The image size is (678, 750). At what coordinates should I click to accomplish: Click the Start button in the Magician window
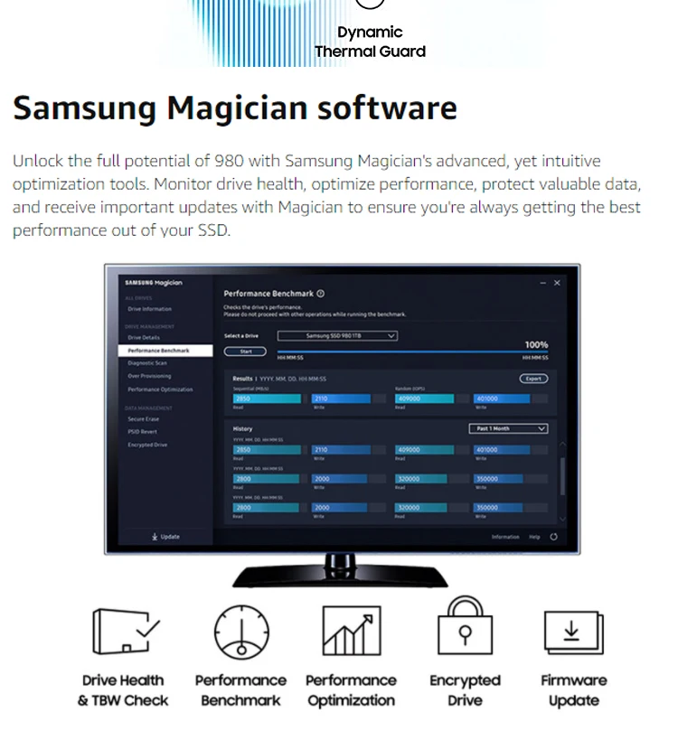tap(245, 352)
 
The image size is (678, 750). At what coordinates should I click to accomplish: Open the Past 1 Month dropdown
tap(508, 428)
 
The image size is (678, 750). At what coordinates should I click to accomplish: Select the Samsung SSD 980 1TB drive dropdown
tap(337, 335)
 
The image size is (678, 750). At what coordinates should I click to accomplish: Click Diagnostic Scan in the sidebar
tap(147, 363)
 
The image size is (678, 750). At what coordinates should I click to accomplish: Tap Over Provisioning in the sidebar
tap(149, 376)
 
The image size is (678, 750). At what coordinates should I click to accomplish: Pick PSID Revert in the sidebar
tap(142, 432)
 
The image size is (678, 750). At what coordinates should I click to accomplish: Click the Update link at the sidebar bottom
tap(166, 537)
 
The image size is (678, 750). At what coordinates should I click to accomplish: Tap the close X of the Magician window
tap(557, 283)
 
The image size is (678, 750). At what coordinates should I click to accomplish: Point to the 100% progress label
tap(536, 345)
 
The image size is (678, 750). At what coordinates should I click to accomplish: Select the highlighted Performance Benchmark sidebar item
tap(158, 350)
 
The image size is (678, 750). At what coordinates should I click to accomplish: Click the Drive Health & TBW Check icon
tap(126, 632)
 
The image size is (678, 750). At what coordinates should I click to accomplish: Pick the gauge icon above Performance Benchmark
tap(241, 632)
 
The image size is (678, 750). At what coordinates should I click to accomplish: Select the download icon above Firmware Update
tap(572, 632)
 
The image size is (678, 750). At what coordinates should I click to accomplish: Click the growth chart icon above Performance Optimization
tap(351, 632)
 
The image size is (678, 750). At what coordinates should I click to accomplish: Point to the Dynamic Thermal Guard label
tap(370, 42)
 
